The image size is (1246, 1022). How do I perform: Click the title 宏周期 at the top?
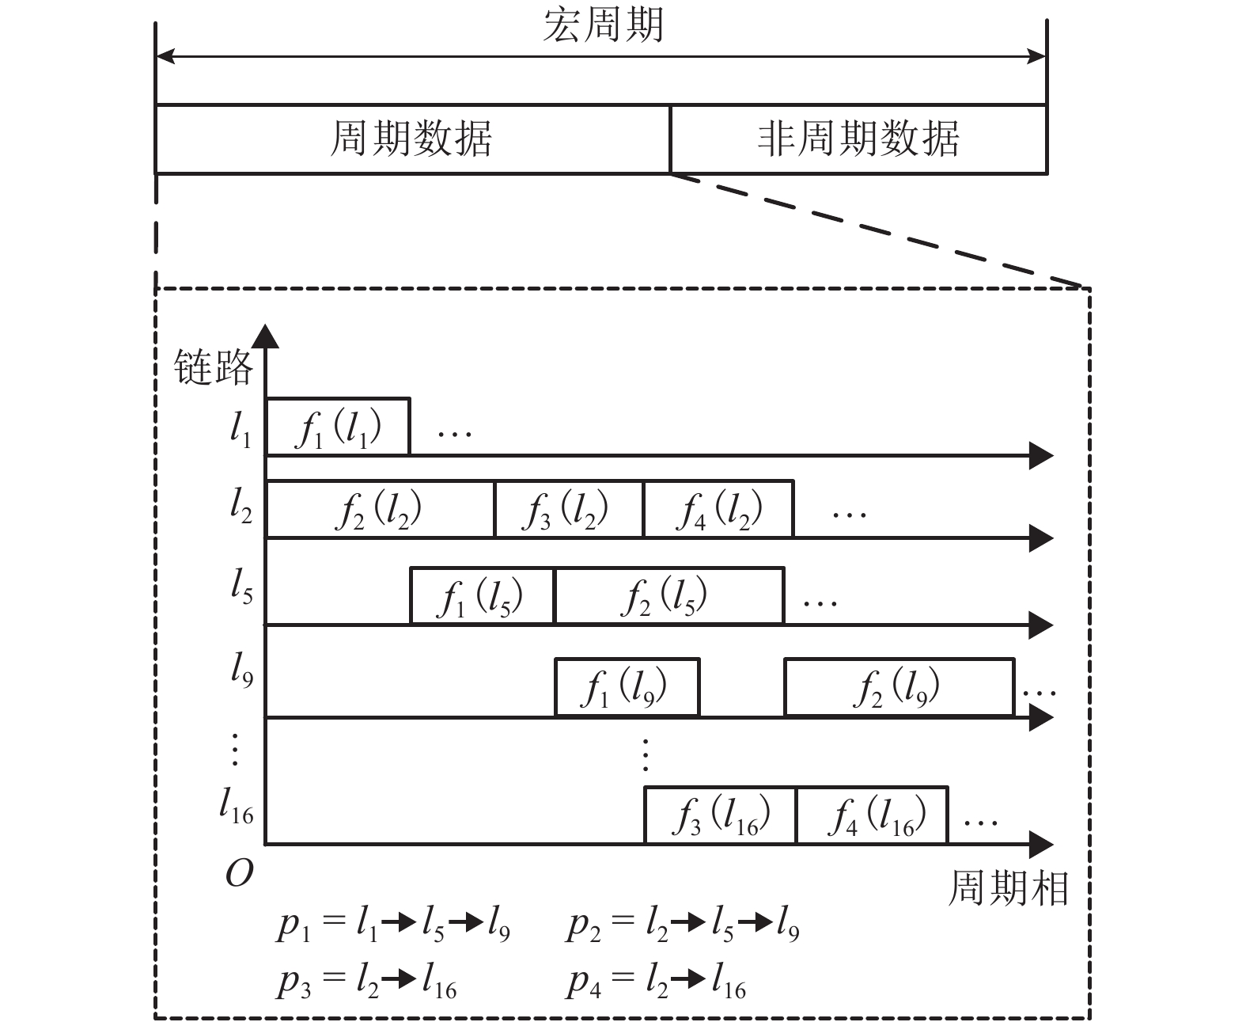point(603,26)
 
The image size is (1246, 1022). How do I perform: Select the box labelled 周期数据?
point(412,139)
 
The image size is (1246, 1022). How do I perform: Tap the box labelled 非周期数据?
point(858,139)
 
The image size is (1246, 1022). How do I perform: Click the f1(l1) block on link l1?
point(338,427)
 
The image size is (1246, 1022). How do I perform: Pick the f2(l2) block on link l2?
point(380,510)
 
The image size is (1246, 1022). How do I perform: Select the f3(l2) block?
point(568,510)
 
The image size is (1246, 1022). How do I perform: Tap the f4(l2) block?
point(718,510)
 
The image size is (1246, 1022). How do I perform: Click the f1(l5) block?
point(483,596)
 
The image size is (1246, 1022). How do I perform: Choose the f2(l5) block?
point(669,596)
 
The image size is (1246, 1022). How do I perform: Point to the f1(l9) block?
point(627,687)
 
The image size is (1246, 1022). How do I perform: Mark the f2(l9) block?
point(899,687)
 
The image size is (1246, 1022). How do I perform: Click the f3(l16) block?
point(720,815)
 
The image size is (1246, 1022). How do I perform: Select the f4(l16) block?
point(872,815)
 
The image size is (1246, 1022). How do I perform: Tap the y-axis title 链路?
point(214,367)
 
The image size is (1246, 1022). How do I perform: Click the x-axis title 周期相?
point(1008,888)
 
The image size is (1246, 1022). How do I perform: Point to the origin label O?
point(239,873)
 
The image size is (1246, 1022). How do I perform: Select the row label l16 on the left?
point(237,807)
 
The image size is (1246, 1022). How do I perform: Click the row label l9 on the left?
point(241,671)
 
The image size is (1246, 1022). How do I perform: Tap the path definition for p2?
point(683,925)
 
